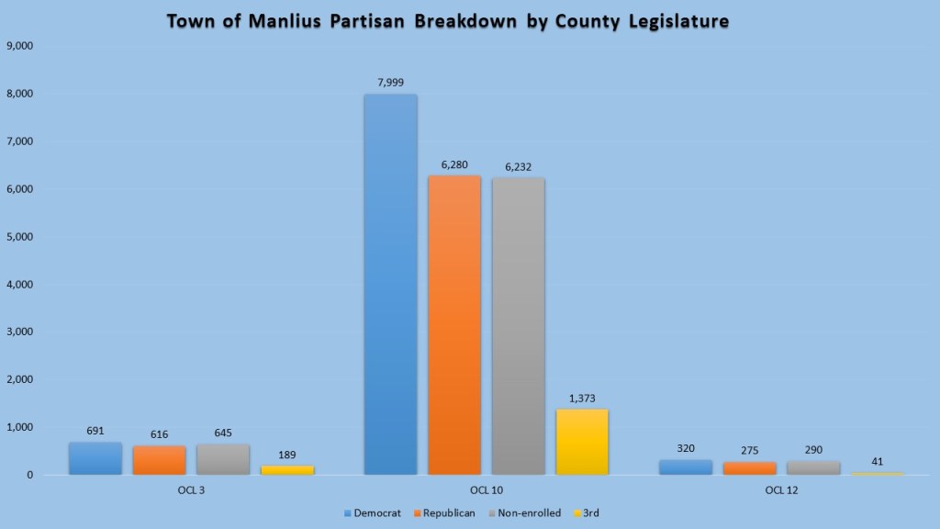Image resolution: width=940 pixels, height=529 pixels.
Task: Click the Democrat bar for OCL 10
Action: tap(390, 285)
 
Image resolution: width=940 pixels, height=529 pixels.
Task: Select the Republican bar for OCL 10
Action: tap(454, 325)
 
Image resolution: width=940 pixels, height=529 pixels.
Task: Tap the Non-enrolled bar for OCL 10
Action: tap(518, 326)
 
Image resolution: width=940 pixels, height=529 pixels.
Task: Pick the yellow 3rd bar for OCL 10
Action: tap(582, 442)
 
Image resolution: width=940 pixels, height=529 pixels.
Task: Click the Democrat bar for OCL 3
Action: tap(95, 458)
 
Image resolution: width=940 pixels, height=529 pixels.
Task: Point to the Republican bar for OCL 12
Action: tap(749, 468)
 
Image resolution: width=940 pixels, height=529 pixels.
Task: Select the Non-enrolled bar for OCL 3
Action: tap(223, 459)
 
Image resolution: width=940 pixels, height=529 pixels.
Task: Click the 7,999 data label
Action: tap(390, 83)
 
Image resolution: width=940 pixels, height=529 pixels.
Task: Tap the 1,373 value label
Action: tap(582, 398)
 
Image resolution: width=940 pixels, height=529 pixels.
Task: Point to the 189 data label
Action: tap(287, 455)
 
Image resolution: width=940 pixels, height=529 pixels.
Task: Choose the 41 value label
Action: tap(878, 461)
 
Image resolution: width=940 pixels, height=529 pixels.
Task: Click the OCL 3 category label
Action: tap(191, 489)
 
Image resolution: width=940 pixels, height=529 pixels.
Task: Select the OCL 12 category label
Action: tap(781, 489)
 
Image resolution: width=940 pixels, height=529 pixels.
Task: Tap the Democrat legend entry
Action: tap(372, 512)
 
